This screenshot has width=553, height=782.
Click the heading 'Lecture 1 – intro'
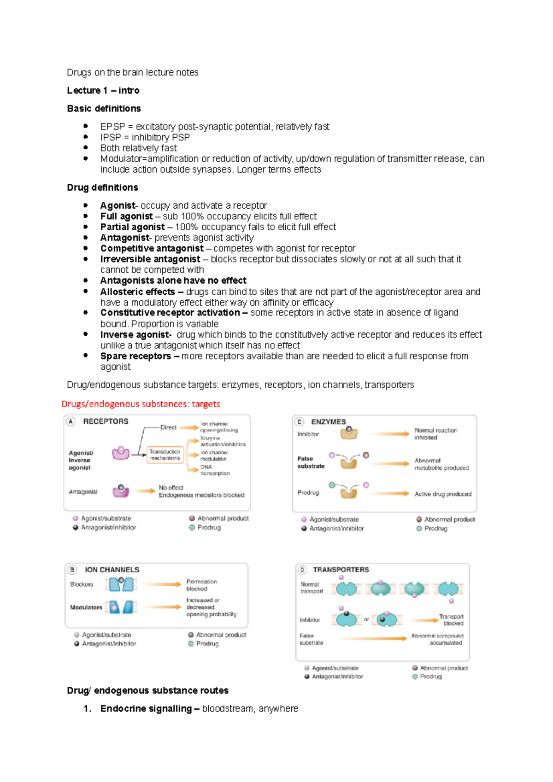point(103,90)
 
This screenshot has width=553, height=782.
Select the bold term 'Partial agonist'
point(132,227)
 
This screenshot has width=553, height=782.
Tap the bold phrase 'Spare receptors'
point(135,356)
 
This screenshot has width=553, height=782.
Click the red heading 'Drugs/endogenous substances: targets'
point(141,404)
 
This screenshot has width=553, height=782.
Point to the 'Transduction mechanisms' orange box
point(165,455)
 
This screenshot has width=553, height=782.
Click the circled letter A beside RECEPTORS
point(71,421)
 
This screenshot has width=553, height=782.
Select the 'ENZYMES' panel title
point(328,422)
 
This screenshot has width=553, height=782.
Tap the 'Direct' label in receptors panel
point(168,427)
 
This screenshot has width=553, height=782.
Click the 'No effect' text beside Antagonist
point(171,487)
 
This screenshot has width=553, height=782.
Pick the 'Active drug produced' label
point(442,494)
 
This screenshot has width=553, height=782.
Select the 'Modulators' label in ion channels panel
point(86,607)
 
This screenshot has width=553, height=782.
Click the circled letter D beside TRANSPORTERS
point(302,570)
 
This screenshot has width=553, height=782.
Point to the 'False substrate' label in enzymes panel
point(311,462)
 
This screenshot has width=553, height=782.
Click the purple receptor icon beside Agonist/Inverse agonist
point(121,453)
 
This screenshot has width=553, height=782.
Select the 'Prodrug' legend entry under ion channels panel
point(207,644)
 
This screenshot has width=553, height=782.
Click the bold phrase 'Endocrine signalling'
point(146,709)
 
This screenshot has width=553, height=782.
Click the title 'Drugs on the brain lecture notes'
point(132,72)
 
